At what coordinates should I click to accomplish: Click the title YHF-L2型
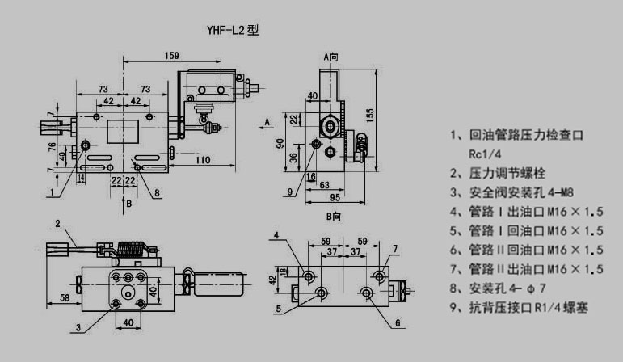232,31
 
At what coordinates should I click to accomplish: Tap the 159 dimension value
170,56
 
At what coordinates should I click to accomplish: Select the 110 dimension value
202,160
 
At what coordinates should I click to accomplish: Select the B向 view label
334,217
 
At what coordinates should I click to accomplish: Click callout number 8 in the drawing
156,192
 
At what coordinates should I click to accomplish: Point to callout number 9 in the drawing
288,191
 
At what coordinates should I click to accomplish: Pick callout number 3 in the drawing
78,327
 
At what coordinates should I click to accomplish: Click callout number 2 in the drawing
57,222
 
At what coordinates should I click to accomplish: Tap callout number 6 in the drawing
398,323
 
